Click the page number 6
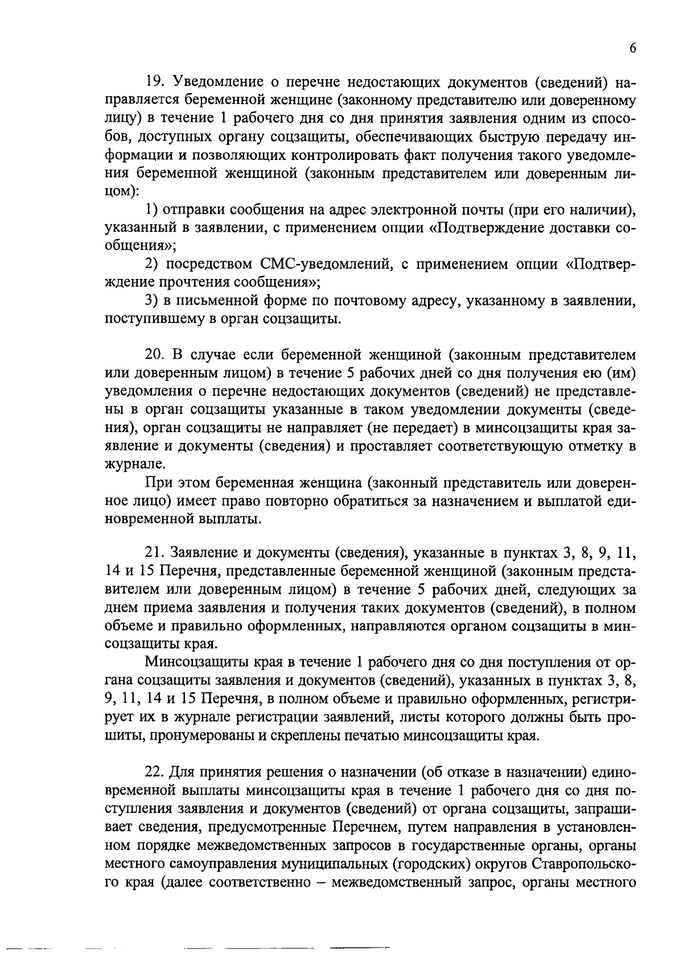[x=632, y=48]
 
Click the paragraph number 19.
[x=154, y=84]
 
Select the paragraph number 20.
[x=155, y=355]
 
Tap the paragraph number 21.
[x=154, y=553]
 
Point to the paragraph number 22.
[x=155, y=773]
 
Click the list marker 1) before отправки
[x=151, y=210]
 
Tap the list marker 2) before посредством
[x=151, y=264]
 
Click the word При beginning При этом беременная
[x=157, y=483]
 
